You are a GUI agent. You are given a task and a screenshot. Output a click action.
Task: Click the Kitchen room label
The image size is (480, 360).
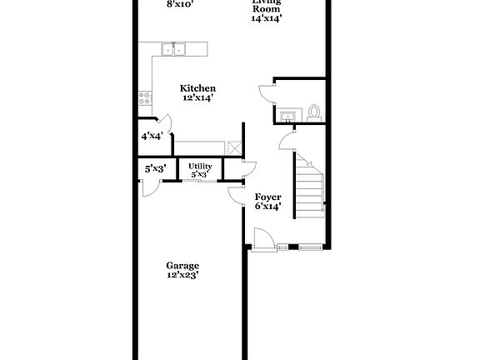coord(199,88)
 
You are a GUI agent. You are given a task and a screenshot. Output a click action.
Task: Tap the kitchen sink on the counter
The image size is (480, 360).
coord(175,50)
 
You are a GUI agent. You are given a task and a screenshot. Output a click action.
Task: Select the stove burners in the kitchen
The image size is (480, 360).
coord(146,97)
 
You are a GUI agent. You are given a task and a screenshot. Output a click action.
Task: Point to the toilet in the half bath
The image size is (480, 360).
coord(314,111)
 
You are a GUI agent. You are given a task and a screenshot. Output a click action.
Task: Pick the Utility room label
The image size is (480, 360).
coord(200,167)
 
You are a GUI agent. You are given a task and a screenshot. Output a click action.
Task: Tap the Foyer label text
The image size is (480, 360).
coord(267,197)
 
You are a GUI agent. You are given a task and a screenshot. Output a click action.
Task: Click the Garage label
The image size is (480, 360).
coord(182,265)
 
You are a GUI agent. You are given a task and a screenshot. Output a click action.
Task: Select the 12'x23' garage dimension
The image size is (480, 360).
coord(182,274)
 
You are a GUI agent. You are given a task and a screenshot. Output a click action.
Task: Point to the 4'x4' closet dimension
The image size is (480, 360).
coord(151,136)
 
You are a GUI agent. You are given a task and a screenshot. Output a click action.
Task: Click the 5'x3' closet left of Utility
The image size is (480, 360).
coord(155,168)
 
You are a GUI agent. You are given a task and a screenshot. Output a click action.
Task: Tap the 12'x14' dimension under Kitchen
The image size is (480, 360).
coord(199,97)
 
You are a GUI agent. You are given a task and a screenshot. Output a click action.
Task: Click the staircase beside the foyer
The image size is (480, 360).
coord(307,183)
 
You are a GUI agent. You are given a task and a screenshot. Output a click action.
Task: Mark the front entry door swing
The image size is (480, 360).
coord(263,239)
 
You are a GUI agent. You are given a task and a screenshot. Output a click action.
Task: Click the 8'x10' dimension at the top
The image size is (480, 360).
coord(180,4)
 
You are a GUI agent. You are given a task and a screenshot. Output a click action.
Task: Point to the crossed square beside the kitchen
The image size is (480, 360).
coord(234,147)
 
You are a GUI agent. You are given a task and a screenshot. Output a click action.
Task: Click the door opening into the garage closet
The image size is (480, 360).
coord(149,187)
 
